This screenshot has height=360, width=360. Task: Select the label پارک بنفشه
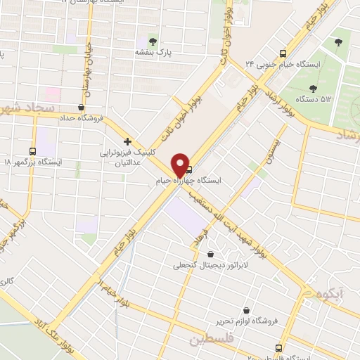155,52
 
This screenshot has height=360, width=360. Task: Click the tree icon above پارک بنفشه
155,40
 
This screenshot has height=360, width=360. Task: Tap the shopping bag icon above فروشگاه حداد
83,107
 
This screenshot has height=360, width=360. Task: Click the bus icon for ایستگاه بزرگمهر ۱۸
32,150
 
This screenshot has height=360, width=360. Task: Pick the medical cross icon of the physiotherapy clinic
127,141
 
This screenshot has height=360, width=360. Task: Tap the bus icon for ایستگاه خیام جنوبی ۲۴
283,53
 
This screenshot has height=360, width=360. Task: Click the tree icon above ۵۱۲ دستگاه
313,88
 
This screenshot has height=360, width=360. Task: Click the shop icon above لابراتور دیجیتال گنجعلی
210,254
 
